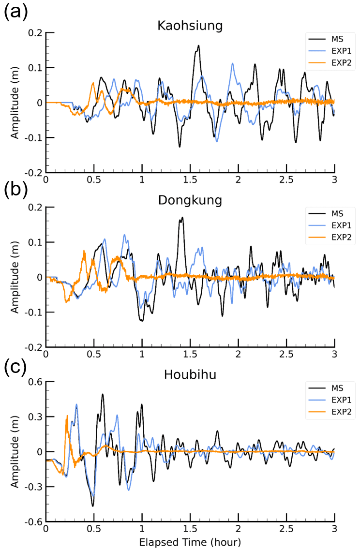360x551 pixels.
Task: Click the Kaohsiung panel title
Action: coord(190,26)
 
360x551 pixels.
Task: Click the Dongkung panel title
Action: coord(190,200)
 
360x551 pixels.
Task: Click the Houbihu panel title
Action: coord(190,374)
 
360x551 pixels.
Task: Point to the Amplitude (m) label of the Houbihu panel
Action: coord(16,451)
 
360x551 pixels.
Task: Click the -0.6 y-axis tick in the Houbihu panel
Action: coord(32,521)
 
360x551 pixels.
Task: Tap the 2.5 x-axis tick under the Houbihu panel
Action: coord(286,528)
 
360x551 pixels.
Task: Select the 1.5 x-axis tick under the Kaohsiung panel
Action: coord(190,179)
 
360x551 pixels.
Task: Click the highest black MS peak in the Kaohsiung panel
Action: coord(198,46)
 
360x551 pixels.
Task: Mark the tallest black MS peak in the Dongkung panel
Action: coord(182,218)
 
